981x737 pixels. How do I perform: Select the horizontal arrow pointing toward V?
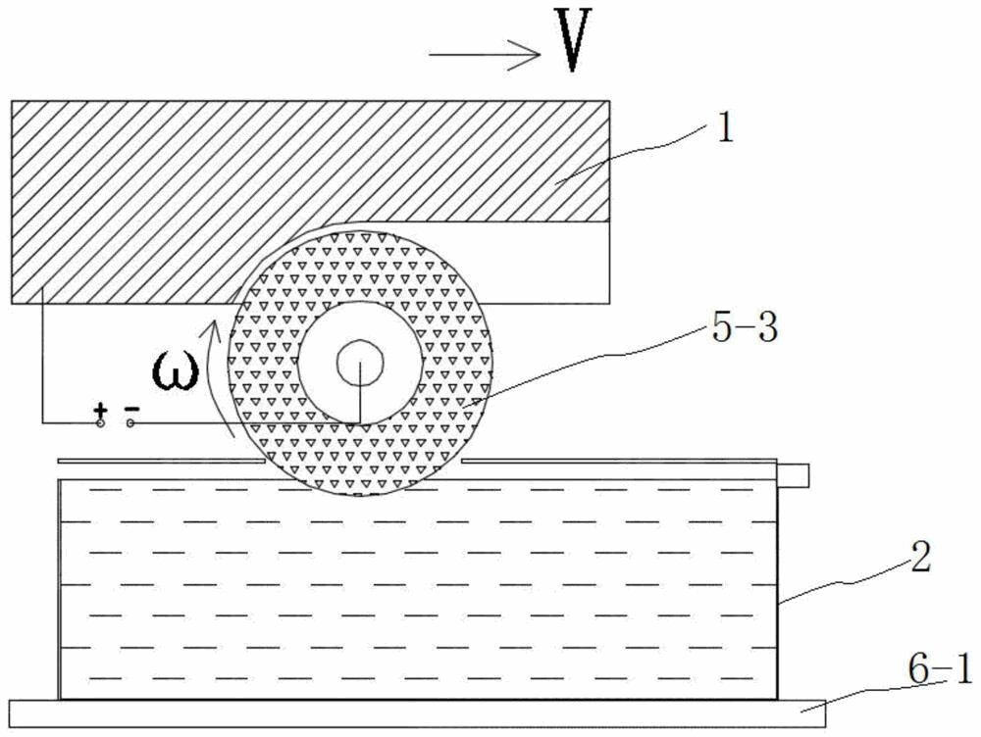[486, 54]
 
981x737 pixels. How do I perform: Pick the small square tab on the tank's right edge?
[796, 476]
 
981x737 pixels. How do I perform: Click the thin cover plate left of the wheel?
[157, 459]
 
